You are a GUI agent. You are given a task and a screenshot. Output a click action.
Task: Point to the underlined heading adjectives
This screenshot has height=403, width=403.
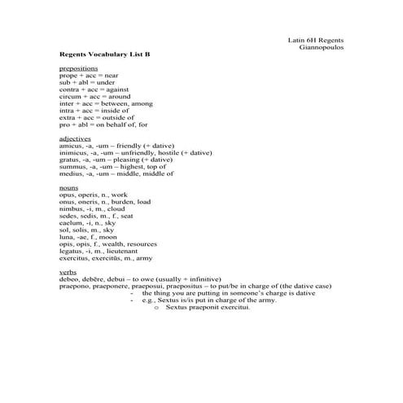75,138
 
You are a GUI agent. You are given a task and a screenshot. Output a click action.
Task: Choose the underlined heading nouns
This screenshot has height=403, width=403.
69,188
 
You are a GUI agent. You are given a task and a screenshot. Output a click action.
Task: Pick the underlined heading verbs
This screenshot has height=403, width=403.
68,271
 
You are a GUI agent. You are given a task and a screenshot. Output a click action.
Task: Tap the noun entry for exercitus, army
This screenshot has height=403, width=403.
106,258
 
